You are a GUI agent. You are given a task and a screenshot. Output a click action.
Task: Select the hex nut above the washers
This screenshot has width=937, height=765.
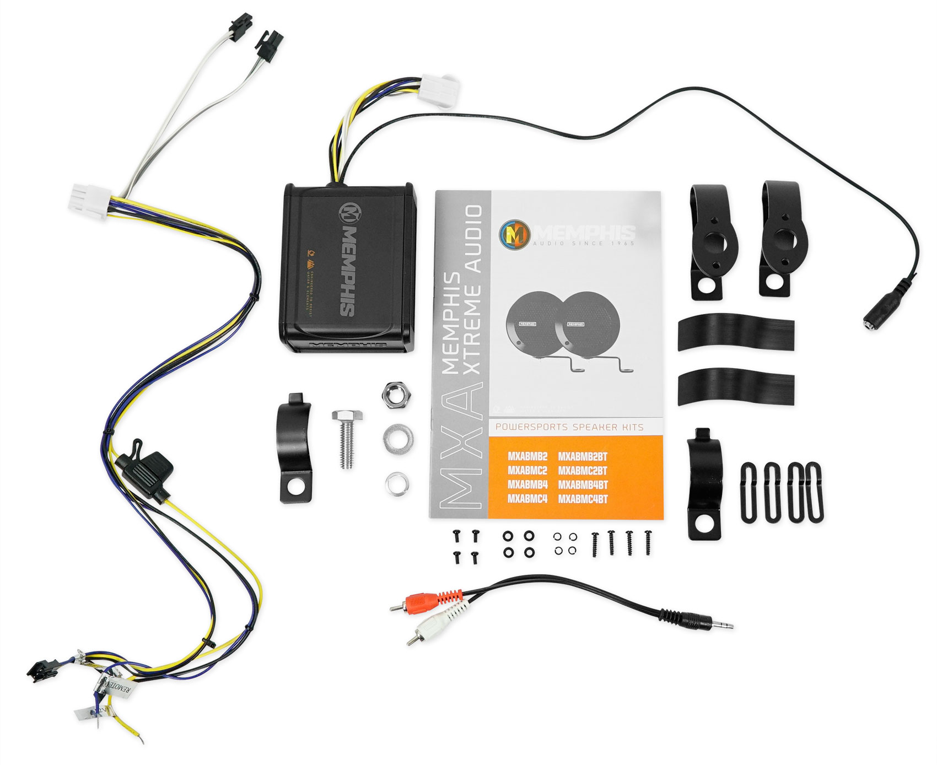click(395, 395)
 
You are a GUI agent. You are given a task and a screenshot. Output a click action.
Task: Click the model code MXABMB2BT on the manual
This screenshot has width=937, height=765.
click(583, 456)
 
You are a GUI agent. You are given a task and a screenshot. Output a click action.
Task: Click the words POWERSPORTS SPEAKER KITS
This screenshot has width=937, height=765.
click(569, 427)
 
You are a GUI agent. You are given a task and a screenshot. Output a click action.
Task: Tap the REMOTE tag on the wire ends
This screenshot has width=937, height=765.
click(119, 686)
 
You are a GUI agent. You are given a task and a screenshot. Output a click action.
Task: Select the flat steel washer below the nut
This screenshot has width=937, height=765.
click(399, 438)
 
